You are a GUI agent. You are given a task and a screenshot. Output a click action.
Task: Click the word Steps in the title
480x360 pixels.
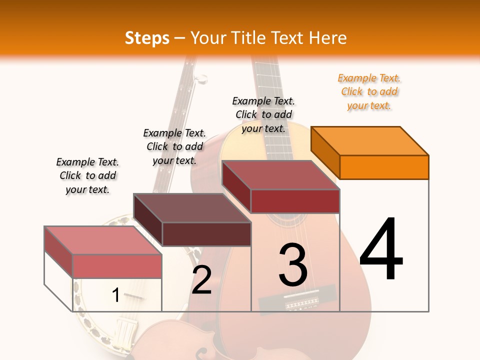(x=147, y=38)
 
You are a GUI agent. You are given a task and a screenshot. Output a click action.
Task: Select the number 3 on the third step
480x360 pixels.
(x=293, y=264)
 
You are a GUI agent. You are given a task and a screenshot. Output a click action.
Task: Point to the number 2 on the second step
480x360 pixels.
(x=201, y=279)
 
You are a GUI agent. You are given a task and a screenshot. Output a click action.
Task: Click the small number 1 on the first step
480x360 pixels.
(x=116, y=295)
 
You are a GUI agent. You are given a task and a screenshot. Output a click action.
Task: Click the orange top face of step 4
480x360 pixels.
(x=369, y=140)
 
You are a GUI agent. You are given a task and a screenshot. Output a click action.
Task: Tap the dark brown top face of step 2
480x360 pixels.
(x=192, y=208)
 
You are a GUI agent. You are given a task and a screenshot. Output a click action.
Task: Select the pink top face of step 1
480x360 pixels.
(x=102, y=240)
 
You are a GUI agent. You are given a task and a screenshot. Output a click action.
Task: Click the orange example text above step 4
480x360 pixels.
(x=369, y=91)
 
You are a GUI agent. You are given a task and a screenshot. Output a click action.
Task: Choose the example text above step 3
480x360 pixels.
(x=263, y=114)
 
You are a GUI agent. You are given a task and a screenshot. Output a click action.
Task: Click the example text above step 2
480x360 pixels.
(x=174, y=146)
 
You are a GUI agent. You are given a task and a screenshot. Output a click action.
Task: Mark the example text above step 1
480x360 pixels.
(x=87, y=175)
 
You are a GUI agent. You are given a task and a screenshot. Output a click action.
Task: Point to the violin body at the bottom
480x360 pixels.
(x=165, y=342)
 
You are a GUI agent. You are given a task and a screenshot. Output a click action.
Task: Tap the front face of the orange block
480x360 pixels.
(x=384, y=167)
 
